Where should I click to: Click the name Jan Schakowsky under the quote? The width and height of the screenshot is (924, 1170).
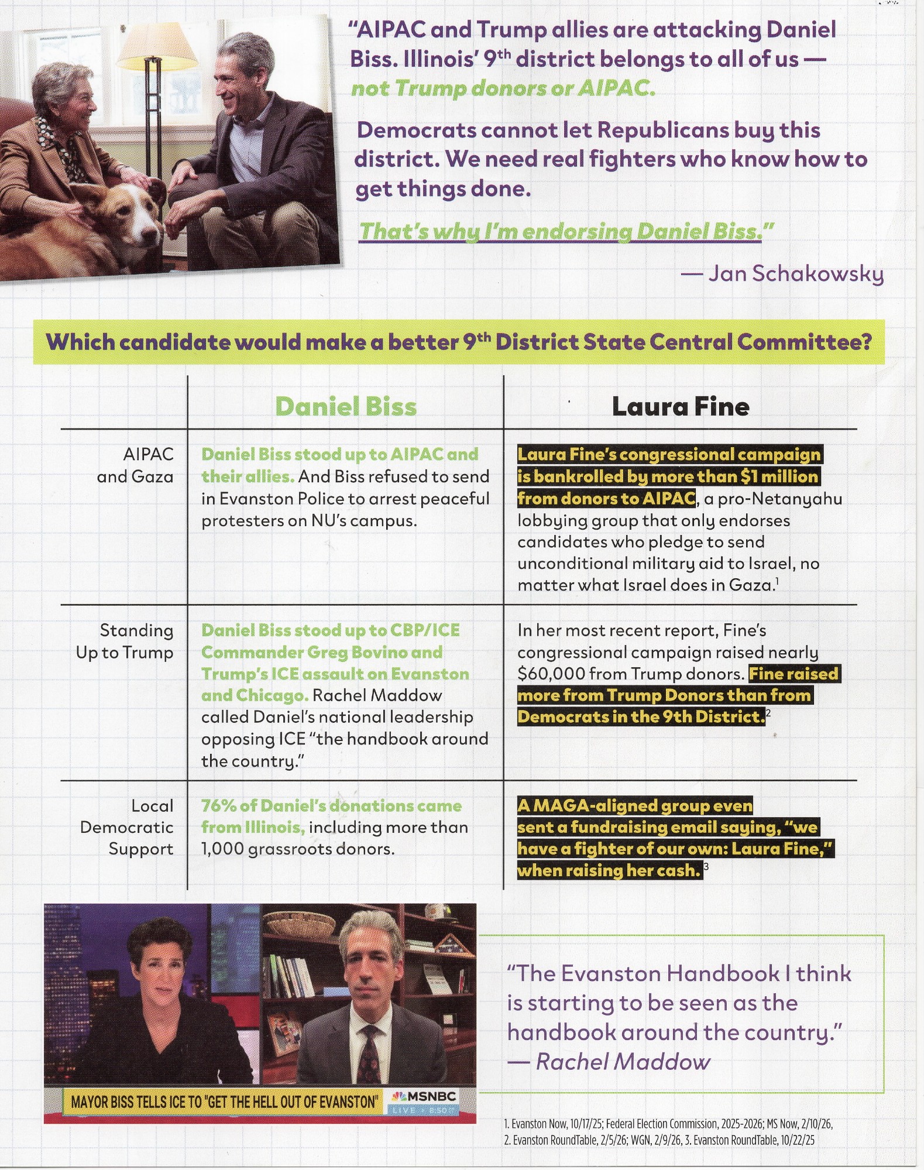pos(795,273)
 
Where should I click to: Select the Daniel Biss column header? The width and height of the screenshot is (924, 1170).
pos(346,406)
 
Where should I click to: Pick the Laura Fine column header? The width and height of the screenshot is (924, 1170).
pos(681,406)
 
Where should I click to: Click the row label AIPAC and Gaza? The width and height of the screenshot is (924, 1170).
pos(136,465)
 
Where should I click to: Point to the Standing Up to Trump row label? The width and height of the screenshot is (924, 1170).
pos(125,641)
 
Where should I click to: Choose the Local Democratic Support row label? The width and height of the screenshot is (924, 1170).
pos(127,827)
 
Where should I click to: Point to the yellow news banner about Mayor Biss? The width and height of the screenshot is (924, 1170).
pos(225,1102)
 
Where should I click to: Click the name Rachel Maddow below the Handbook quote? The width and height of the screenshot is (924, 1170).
pos(623,1062)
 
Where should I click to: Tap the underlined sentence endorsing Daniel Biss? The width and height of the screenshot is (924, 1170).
pos(566,231)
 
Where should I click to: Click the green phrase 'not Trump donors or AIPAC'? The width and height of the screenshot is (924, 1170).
pos(503,88)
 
